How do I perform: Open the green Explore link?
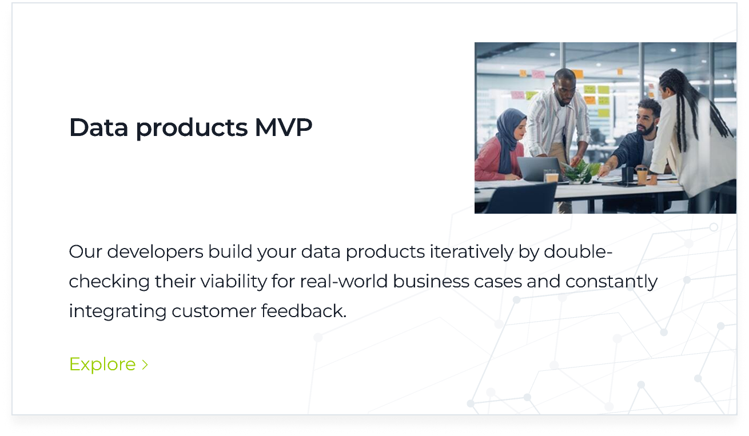click(x=103, y=364)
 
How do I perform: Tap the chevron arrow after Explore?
click(x=145, y=365)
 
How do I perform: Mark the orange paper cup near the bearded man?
click(x=642, y=175)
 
